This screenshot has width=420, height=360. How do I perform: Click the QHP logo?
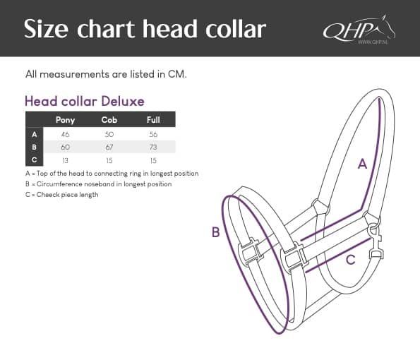tap(359, 30)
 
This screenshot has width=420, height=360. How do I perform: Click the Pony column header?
tap(65, 120)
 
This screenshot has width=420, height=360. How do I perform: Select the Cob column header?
tap(109, 120)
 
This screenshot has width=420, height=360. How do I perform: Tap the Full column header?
tap(153, 120)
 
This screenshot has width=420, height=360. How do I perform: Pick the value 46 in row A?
tap(65, 134)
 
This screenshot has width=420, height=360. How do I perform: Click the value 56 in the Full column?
tap(153, 134)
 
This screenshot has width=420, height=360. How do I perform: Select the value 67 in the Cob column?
tap(109, 147)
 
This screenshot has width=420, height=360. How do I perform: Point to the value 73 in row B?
tap(153, 147)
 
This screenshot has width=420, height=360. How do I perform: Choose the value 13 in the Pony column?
tap(65, 160)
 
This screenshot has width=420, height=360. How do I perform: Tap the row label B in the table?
tap(35, 147)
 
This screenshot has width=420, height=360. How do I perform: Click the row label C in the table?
tap(35, 160)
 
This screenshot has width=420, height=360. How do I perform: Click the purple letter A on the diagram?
tap(362, 163)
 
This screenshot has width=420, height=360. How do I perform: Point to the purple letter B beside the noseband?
tap(215, 232)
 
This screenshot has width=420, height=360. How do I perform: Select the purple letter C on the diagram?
tap(351, 260)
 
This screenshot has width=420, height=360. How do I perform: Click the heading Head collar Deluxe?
tap(85, 101)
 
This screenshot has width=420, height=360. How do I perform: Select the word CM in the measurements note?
tap(177, 74)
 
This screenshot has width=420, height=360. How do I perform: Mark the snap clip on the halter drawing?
tap(376, 242)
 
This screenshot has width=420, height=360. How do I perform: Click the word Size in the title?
tap(46, 29)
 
